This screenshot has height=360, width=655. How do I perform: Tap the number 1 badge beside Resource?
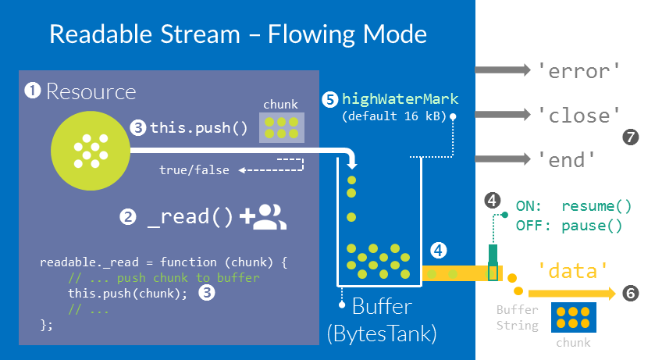[33, 91]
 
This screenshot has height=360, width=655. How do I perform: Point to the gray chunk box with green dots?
[281, 127]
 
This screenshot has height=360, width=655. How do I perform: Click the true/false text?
[194, 169]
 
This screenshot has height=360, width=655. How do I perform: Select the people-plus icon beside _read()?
[265, 217]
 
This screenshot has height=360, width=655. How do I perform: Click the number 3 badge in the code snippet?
[206, 293]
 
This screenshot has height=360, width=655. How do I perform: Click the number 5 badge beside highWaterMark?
[330, 99]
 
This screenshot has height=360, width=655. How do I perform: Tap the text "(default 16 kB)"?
[393, 116]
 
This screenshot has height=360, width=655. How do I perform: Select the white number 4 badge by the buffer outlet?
[439, 251]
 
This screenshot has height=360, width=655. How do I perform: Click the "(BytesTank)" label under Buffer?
[382, 333]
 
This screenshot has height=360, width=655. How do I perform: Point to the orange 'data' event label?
[574, 270]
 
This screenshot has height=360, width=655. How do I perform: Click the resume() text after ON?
[596, 208]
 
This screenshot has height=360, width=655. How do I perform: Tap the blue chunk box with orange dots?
[573, 318]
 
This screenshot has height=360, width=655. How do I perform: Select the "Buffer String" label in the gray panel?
[517, 317]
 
